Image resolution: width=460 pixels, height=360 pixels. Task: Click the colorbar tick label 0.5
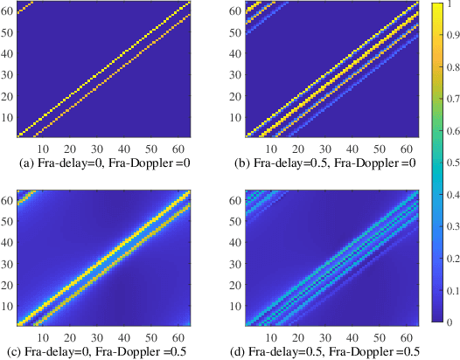(x=449, y=163)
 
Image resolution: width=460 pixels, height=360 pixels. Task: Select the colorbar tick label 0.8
(x=449, y=68)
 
